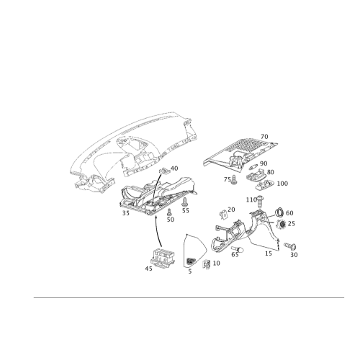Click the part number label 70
point(264,137)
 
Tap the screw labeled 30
point(290,246)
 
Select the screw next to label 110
point(259,202)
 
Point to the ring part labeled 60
point(279,212)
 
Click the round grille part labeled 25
point(282,224)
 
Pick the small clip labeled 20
point(224,215)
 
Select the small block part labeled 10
point(207,264)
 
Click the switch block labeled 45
point(163,257)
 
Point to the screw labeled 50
point(169,212)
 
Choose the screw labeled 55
point(185,202)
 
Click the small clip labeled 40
point(165,171)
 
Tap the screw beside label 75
point(234,180)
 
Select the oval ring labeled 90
point(254,166)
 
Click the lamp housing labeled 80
point(256,174)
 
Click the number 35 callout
point(126,213)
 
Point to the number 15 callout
point(269,253)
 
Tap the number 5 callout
point(190,271)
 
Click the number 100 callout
point(282,184)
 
